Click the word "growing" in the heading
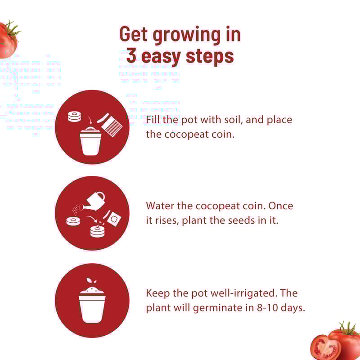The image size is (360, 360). pos(187,36)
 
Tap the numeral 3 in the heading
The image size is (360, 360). pos(131,55)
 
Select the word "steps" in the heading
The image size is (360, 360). pos(210,57)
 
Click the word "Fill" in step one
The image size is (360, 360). pos(152,120)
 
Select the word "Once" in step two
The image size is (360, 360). pos(280,206)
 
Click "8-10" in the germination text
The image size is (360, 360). pos(267,308)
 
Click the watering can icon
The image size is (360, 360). pos(93,201)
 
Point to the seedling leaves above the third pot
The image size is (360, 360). pos(91,281)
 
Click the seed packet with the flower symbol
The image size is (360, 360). pos(114,219)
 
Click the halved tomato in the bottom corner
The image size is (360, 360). pos(325,347)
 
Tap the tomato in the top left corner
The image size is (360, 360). pos(9,40)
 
